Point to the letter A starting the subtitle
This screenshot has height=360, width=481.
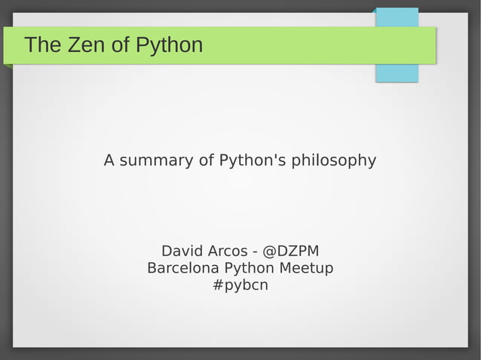[x=109, y=160]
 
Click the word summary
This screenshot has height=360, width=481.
[x=155, y=160]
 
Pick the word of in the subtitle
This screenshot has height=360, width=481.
[x=206, y=160]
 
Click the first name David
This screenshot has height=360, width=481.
[x=183, y=251]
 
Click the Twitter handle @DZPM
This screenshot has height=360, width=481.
[x=290, y=251]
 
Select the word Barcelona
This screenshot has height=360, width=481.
[x=183, y=268]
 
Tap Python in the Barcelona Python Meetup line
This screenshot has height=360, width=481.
[x=249, y=269]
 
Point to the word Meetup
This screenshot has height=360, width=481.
[x=306, y=269]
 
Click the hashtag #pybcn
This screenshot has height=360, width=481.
[x=240, y=286]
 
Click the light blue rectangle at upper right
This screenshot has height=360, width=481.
[x=397, y=72]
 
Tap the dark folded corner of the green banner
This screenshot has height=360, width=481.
[x=8, y=66]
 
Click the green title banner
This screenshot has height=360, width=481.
[x=302, y=45]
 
